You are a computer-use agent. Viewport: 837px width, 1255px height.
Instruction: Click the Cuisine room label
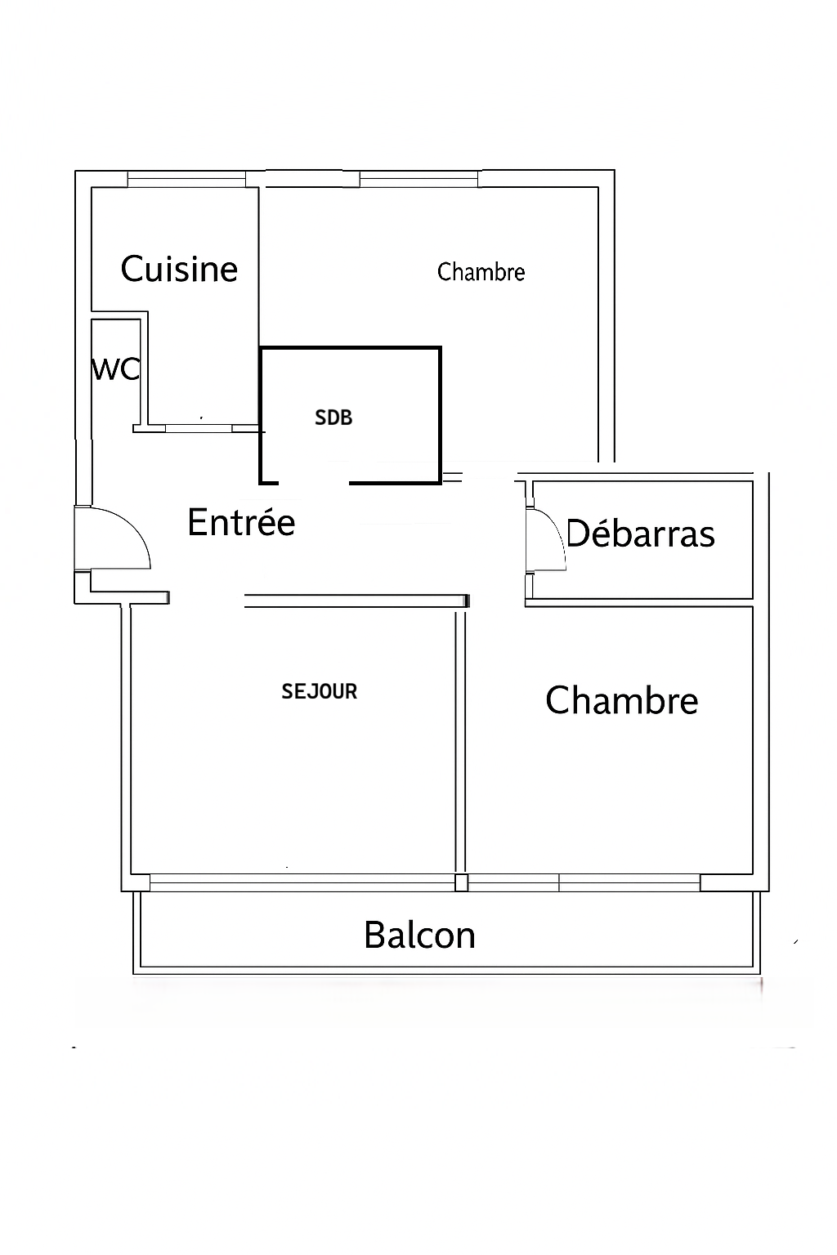click(x=179, y=269)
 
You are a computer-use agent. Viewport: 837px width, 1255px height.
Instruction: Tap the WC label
click(x=115, y=370)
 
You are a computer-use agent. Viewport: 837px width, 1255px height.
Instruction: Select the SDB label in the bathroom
click(x=333, y=418)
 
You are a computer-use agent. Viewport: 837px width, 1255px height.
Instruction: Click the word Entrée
click(x=241, y=521)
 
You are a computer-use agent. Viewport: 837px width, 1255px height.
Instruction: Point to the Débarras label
click(x=641, y=533)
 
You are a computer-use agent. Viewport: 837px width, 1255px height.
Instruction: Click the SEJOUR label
click(x=319, y=691)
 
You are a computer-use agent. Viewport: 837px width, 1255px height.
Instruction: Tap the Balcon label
click(x=419, y=935)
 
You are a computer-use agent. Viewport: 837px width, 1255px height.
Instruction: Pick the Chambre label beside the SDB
click(x=481, y=272)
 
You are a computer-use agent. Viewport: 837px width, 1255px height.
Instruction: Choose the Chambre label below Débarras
click(x=622, y=700)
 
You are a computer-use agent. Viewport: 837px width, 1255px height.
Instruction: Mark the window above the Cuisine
click(x=186, y=179)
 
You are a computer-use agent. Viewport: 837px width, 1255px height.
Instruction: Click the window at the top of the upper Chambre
click(x=418, y=179)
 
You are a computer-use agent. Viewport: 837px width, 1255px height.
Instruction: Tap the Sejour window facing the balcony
click(x=302, y=883)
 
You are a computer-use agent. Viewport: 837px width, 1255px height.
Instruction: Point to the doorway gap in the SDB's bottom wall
click(x=314, y=482)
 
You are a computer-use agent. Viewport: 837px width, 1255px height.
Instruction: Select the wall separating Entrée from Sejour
click(x=356, y=601)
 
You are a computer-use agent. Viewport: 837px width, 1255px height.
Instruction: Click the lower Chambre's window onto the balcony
click(x=584, y=883)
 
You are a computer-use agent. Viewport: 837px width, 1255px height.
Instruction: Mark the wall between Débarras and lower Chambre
click(x=638, y=602)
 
